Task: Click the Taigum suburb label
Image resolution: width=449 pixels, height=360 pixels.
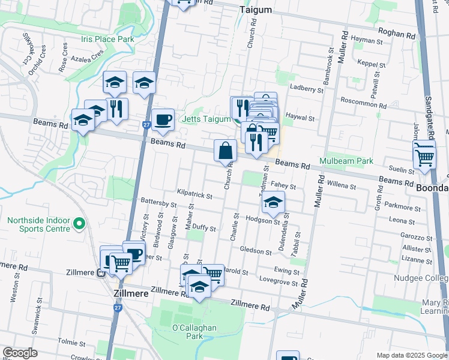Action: coord(255,10)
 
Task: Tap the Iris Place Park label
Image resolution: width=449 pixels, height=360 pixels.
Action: coord(107,39)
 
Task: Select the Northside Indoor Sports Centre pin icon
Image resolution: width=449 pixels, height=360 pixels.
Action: coord(79,224)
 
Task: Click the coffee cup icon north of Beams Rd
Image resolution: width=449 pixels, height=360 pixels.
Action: coord(163,120)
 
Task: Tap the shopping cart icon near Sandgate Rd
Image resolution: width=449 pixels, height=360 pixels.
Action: coord(424,157)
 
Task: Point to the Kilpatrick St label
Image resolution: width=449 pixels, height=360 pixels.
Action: coord(194,196)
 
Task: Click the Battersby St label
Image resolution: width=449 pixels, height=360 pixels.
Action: coord(158,203)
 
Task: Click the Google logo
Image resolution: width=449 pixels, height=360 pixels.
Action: coord(20,353)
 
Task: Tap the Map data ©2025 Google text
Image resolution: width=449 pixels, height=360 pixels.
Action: coord(411,355)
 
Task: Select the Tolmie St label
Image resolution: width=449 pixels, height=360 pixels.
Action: coord(71,342)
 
